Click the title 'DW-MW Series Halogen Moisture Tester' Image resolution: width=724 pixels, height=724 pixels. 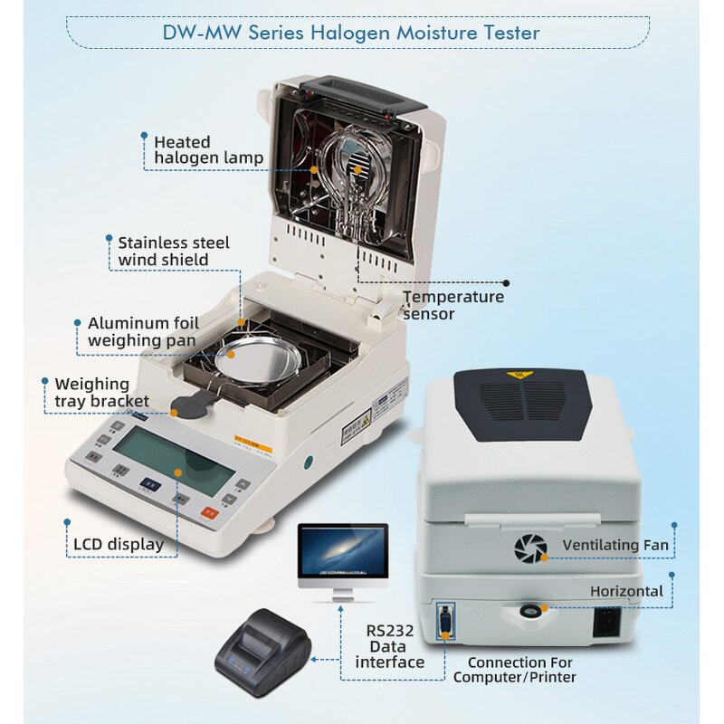point(351,33)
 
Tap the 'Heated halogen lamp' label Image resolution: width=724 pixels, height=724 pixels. point(207,150)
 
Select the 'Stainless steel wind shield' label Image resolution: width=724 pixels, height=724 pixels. point(173,252)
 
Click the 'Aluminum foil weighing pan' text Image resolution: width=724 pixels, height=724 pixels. point(140,332)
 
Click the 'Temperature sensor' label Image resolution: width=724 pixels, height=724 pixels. point(452,305)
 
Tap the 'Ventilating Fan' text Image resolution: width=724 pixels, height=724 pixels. point(614,546)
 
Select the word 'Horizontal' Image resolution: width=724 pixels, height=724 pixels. point(626,591)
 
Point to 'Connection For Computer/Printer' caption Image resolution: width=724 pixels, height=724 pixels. point(513,670)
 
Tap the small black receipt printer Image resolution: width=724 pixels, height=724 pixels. point(262,647)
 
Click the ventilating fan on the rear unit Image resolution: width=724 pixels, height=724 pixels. point(530,548)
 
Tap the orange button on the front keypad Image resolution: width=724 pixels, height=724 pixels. point(209,512)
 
